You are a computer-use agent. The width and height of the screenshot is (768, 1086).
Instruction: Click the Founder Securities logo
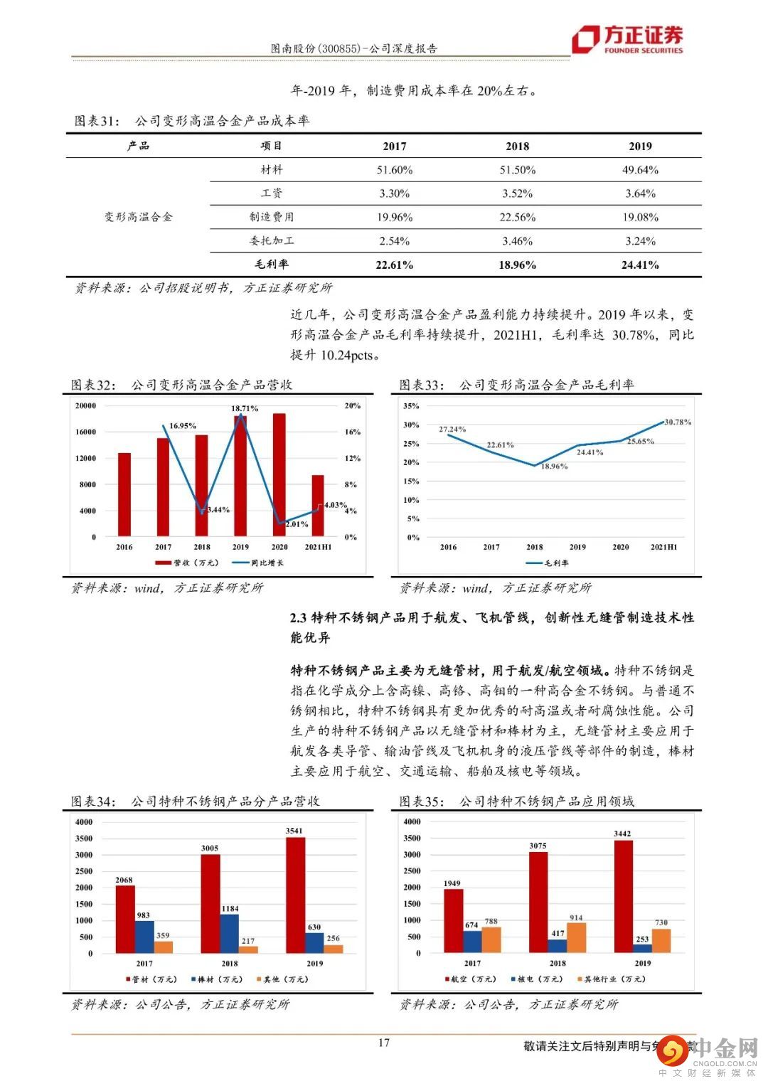click(628, 39)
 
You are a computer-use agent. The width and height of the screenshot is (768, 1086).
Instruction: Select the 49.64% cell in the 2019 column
click(641, 170)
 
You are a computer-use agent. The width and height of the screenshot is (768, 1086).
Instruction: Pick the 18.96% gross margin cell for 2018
click(517, 265)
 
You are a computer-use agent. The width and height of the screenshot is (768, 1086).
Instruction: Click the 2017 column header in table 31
click(394, 146)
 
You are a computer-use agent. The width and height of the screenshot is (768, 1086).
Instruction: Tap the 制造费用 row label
click(271, 217)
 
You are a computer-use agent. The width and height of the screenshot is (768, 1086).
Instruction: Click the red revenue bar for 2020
click(279, 474)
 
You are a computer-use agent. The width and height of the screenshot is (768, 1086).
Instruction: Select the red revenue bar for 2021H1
click(318, 505)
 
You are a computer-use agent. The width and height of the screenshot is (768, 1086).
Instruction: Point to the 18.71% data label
click(244, 408)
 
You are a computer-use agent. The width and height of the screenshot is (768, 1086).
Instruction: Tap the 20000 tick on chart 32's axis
click(85, 405)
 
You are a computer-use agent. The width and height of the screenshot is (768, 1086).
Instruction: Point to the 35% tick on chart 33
click(411, 406)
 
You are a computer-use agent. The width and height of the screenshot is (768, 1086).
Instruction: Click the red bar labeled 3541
click(294, 895)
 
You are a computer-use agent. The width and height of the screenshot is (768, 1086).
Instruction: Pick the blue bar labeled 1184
click(229, 933)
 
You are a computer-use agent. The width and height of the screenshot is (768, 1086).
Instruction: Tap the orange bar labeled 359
click(164, 947)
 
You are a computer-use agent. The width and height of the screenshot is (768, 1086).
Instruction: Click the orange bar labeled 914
click(577, 937)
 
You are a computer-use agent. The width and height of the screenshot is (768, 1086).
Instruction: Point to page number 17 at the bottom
click(383, 1043)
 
